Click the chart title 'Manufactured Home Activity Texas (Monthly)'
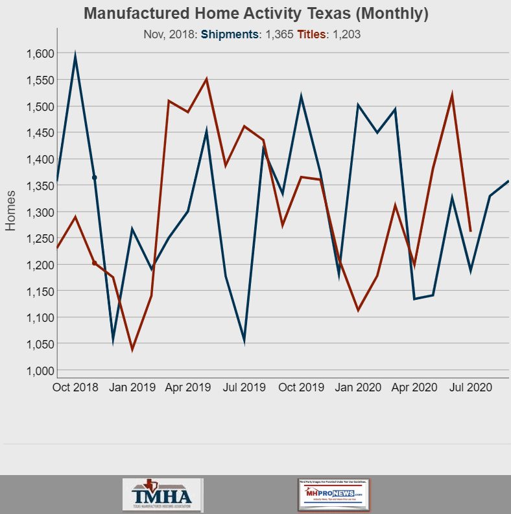256,14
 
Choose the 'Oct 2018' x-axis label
75,387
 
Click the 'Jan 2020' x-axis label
358,387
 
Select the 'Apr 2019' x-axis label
188,387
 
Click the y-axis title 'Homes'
11,211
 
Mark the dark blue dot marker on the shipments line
94,177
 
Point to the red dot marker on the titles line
94,263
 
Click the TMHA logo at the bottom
162,495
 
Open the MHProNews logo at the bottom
333,495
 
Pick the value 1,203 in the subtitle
346,34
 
